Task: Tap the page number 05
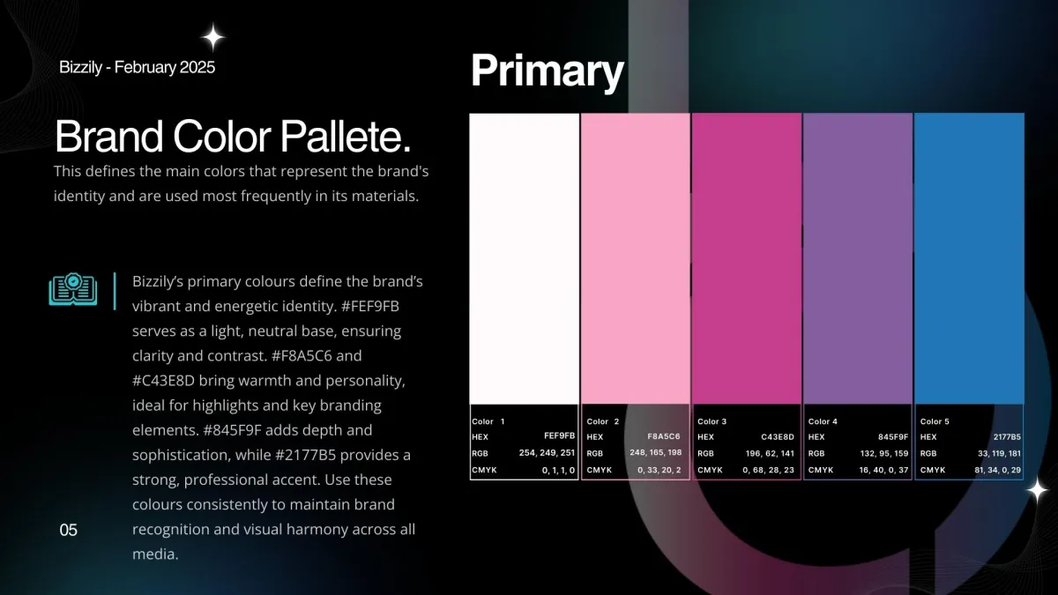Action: [x=69, y=530]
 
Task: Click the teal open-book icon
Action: [x=72, y=289]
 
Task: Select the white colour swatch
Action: [x=525, y=259]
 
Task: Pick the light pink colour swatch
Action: [x=636, y=259]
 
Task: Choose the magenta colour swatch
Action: [x=747, y=259]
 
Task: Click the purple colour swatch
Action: [x=858, y=259]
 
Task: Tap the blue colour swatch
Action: [x=969, y=259]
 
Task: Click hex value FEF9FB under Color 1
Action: [x=559, y=435]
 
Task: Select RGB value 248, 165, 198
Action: [x=656, y=452]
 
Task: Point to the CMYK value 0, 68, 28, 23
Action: [x=769, y=470]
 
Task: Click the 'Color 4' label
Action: [x=823, y=421]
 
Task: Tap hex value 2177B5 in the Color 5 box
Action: [x=1007, y=437]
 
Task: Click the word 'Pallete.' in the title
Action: [x=346, y=137]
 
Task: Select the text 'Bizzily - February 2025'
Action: [x=137, y=67]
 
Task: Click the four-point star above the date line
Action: [x=213, y=37]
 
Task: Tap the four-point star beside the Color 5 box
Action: [x=1037, y=491]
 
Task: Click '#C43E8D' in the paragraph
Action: [x=163, y=380]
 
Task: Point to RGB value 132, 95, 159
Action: [x=884, y=453]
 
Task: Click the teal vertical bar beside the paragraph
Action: [x=115, y=291]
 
